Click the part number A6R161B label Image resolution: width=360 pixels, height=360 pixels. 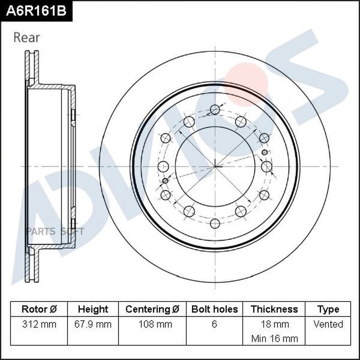(36, 11)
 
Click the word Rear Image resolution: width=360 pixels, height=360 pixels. (26, 38)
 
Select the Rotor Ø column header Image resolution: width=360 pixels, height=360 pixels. (39, 309)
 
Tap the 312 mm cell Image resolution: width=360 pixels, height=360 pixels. (39, 324)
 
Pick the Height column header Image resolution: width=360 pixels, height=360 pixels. (93, 309)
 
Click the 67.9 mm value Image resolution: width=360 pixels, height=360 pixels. (93, 324)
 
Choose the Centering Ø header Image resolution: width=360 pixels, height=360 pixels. (152, 309)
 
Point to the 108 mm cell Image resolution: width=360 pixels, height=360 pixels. (152, 324)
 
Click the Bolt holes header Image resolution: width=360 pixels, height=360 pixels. (214, 309)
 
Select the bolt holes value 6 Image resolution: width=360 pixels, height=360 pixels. (214, 324)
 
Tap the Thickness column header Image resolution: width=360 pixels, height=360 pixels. (274, 309)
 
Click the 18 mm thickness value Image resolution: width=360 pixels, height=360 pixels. (274, 324)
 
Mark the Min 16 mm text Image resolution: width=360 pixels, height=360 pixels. (274, 338)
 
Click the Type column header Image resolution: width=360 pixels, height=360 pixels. (328, 309)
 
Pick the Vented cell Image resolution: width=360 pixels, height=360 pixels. (328, 324)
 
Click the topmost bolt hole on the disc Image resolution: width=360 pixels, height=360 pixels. (215, 109)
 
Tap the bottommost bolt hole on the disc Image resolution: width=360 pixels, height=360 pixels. (215, 224)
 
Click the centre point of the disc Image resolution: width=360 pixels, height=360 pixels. (215, 166)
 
